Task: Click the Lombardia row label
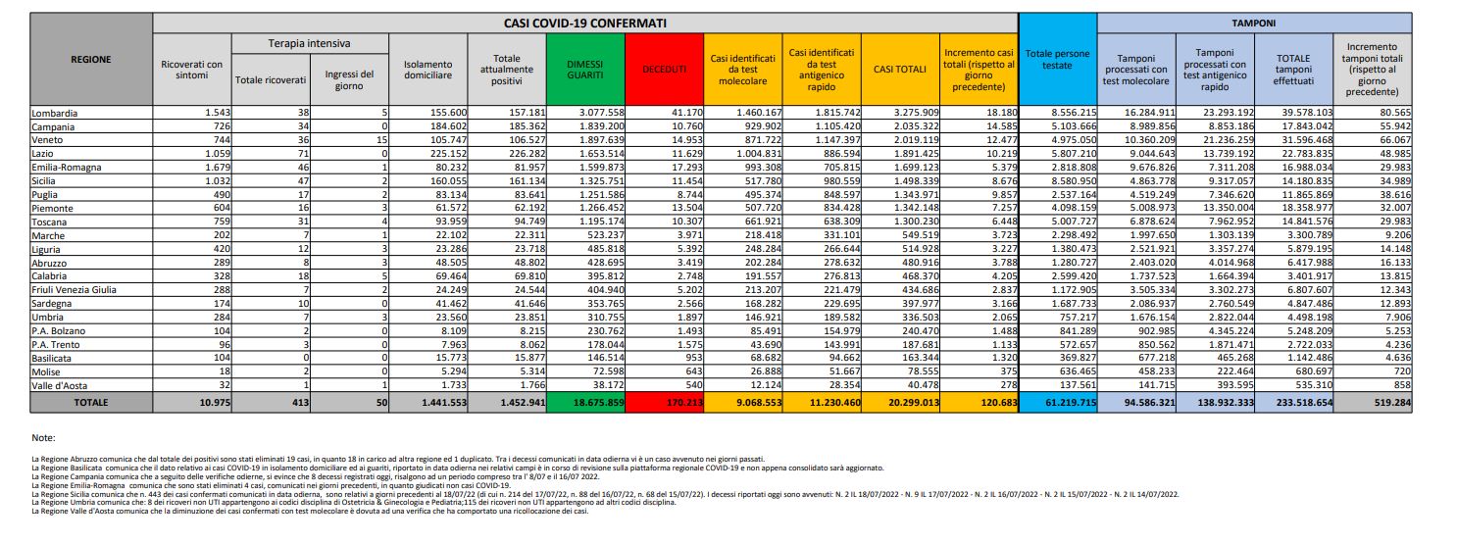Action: tap(55, 114)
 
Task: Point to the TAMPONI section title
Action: tap(1254, 22)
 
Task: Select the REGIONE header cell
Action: tap(91, 60)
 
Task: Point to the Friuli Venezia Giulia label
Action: tap(75, 290)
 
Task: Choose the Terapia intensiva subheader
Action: tap(310, 44)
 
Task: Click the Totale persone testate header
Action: tap(1057, 58)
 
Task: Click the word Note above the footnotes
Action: tap(43, 437)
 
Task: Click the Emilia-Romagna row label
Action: tap(67, 168)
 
